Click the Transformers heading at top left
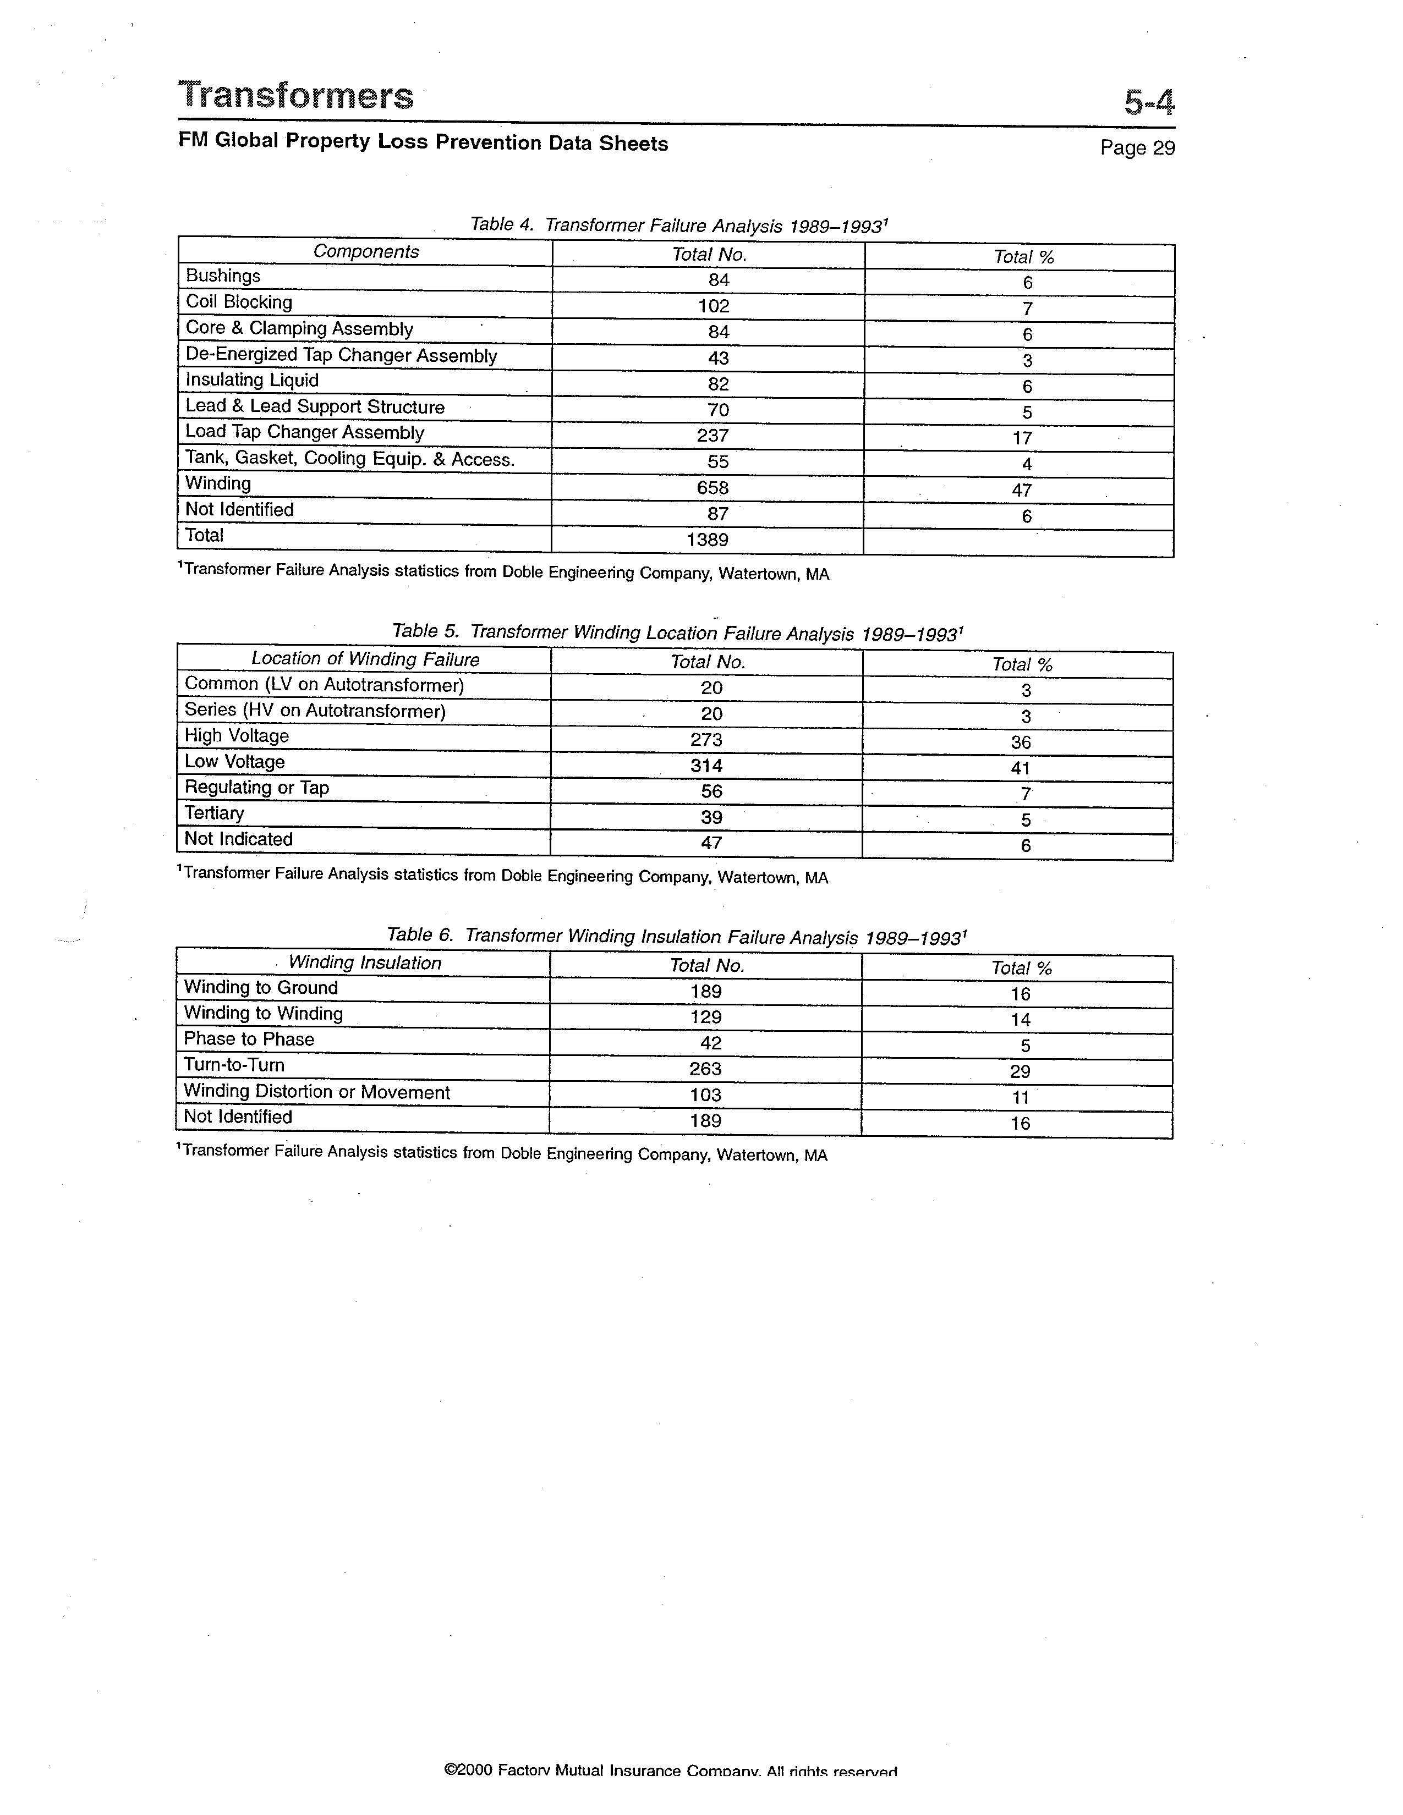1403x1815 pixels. [296, 96]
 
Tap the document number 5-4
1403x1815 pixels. [1149, 103]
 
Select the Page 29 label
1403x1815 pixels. [1137, 148]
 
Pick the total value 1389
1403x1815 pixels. [708, 540]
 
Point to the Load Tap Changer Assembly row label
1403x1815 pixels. [304, 432]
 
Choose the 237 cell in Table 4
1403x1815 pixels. [713, 436]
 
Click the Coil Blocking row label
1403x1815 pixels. [239, 301]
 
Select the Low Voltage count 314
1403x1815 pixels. [706, 766]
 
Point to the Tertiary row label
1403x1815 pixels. [215, 813]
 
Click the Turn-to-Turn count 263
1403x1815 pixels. [706, 1069]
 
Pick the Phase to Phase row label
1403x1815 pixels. [249, 1039]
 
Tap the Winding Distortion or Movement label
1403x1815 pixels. [317, 1092]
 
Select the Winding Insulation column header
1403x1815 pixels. [365, 963]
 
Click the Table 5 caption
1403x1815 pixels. [677, 632]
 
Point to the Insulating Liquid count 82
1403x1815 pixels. [718, 384]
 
